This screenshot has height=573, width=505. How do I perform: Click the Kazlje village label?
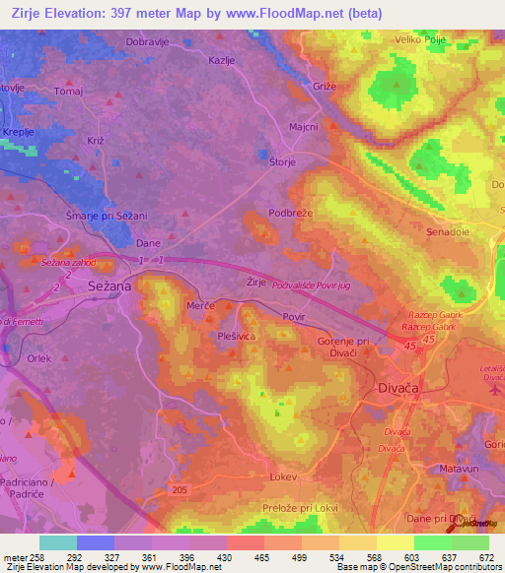[x=222, y=60]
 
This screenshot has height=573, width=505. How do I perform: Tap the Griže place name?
[x=325, y=87]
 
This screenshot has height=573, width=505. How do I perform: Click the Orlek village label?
[x=39, y=359]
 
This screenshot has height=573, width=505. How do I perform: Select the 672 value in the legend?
[x=485, y=558]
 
